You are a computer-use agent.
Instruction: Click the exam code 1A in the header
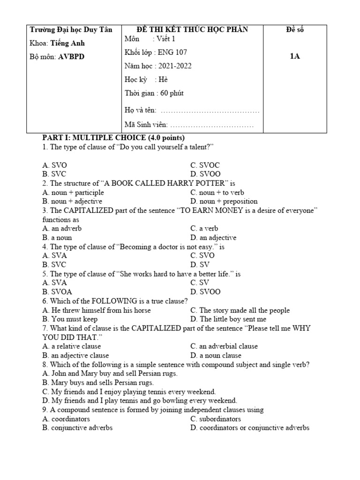[x=294, y=57]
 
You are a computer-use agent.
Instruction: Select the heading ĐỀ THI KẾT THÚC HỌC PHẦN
[x=192, y=30]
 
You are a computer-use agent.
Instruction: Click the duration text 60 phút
[x=172, y=93]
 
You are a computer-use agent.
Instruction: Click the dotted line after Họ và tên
[x=210, y=111]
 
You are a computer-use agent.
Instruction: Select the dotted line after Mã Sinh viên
[x=211, y=125]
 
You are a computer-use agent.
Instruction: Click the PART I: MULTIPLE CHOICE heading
[x=113, y=138]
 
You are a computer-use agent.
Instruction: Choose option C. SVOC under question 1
[x=205, y=165]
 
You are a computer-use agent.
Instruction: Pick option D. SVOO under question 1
[x=205, y=174]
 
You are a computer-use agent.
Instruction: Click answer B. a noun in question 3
[x=57, y=238]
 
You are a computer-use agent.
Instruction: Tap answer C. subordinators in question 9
[x=216, y=419]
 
